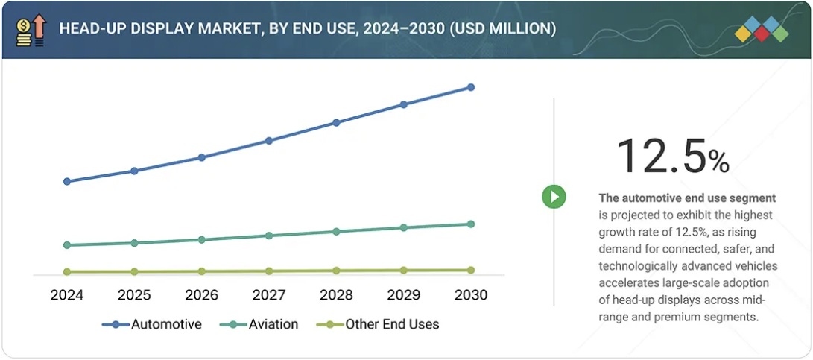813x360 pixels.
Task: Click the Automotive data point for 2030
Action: pyautogui.click(x=470, y=87)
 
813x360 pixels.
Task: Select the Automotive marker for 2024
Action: pyautogui.click(x=67, y=181)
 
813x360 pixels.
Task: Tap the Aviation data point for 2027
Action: pyautogui.click(x=269, y=236)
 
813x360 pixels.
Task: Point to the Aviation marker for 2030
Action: pyautogui.click(x=470, y=224)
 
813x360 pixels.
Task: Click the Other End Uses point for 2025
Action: pyautogui.click(x=134, y=271)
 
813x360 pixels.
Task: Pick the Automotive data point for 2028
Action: pyautogui.click(x=336, y=122)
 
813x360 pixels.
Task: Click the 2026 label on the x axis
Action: pyautogui.click(x=201, y=295)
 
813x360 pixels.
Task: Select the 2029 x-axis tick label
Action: pyautogui.click(x=403, y=295)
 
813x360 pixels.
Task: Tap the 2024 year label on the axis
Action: pyautogui.click(x=67, y=295)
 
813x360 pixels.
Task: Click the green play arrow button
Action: pyautogui.click(x=554, y=197)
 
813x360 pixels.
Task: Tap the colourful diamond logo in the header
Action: pyautogui.click(x=761, y=30)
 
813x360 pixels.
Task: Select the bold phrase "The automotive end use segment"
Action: pyautogui.click(x=687, y=198)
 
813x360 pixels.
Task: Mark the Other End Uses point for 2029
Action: pyautogui.click(x=403, y=271)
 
